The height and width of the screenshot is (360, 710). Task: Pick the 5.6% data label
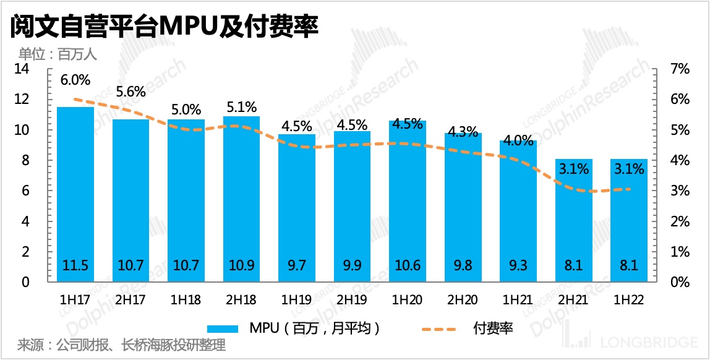pyautogui.click(x=131, y=92)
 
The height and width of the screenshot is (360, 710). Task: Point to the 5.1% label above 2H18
pyautogui.click(x=242, y=107)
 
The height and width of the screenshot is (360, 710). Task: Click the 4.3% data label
pyautogui.click(x=463, y=131)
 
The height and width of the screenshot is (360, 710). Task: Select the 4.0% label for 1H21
pyautogui.click(x=518, y=140)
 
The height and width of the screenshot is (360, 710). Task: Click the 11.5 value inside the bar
pyautogui.click(x=75, y=266)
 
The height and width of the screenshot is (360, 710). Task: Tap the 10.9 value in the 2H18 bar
pyautogui.click(x=242, y=266)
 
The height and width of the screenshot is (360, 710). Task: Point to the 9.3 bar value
pyautogui.click(x=518, y=266)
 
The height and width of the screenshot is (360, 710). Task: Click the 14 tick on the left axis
pyautogui.click(x=22, y=69)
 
